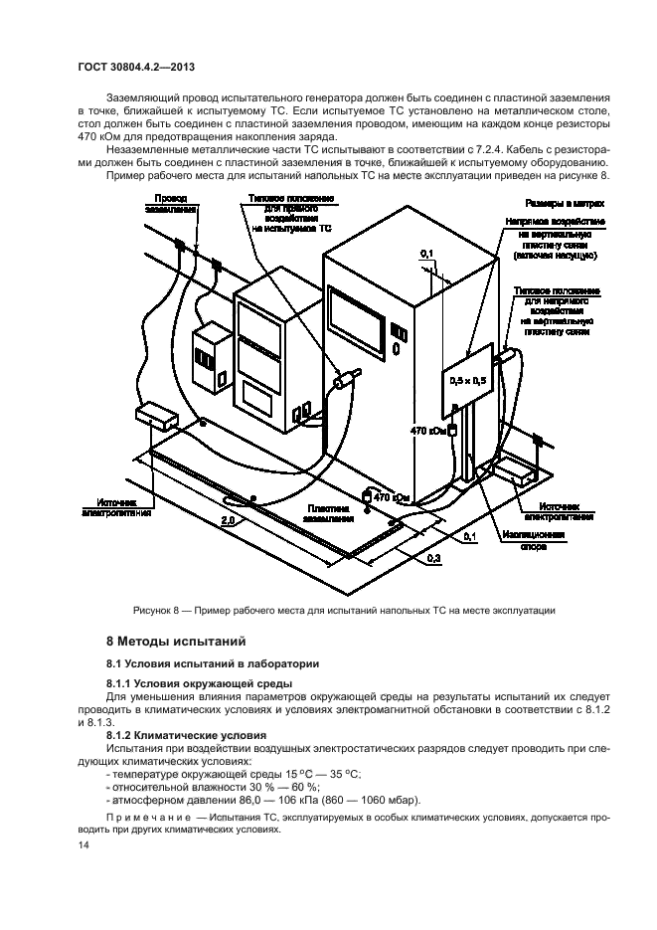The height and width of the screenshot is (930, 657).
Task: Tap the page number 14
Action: (82, 843)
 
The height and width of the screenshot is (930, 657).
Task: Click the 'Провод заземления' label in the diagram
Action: (168, 205)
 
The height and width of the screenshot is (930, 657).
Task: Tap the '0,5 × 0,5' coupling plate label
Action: (468, 380)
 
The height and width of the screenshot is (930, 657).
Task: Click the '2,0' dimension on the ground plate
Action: (227, 519)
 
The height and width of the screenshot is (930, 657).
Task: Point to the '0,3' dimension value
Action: (433, 560)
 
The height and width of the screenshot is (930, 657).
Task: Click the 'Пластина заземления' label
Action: (327, 511)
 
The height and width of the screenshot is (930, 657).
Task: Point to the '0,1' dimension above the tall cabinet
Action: (426, 256)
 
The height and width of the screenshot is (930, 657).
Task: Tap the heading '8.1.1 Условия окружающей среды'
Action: (185, 683)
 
